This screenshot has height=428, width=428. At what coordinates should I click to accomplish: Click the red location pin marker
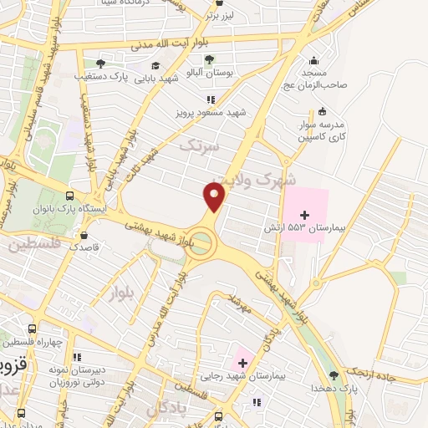click(215, 197)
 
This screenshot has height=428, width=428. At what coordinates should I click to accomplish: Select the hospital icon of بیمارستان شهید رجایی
click(242, 362)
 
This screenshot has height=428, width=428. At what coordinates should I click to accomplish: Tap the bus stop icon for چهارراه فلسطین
click(32, 329)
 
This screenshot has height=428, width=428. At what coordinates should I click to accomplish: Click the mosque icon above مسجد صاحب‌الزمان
click(313, 60)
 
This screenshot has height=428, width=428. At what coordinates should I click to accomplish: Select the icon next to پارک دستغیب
click(100, 63)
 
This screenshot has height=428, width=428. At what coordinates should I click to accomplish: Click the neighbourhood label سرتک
click(199, 145)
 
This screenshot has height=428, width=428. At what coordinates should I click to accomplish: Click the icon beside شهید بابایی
click(155, 66)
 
